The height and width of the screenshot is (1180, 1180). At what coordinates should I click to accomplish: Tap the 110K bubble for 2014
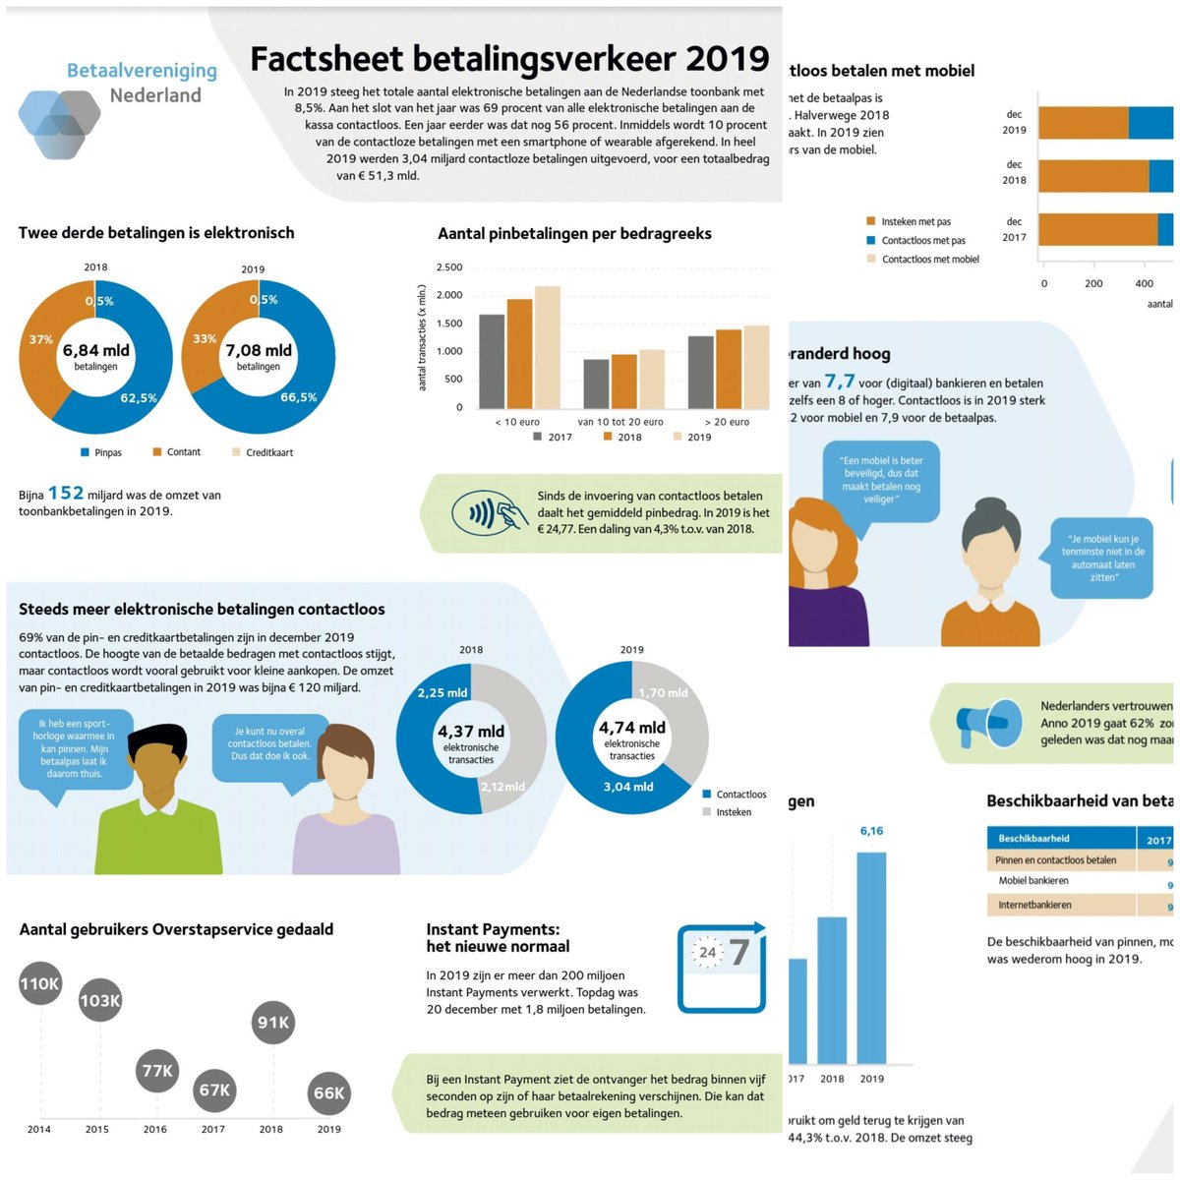[40, 984]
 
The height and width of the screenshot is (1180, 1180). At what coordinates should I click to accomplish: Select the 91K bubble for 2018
[272, 1023]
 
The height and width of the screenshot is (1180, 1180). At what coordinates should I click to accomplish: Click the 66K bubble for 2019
[328, 1093]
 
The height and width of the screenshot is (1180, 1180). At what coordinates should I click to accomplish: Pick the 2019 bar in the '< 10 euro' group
[547, 346]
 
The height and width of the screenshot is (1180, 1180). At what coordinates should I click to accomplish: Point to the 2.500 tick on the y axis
[449, 267]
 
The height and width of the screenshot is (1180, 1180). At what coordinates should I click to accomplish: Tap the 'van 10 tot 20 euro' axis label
[620, 422]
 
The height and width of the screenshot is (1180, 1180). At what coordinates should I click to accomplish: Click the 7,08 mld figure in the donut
[259, 351]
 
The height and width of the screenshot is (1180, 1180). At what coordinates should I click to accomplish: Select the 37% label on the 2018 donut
[40, 339]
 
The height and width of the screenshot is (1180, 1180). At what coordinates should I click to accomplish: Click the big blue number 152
[66, 493]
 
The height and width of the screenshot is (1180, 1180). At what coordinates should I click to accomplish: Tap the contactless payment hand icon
[485, 512]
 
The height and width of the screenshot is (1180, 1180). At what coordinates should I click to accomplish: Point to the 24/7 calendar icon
[722, 966]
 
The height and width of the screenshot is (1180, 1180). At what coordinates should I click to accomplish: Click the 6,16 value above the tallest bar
[871, 831]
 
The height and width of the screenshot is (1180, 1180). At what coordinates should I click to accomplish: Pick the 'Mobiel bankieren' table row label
[1033, 881]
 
